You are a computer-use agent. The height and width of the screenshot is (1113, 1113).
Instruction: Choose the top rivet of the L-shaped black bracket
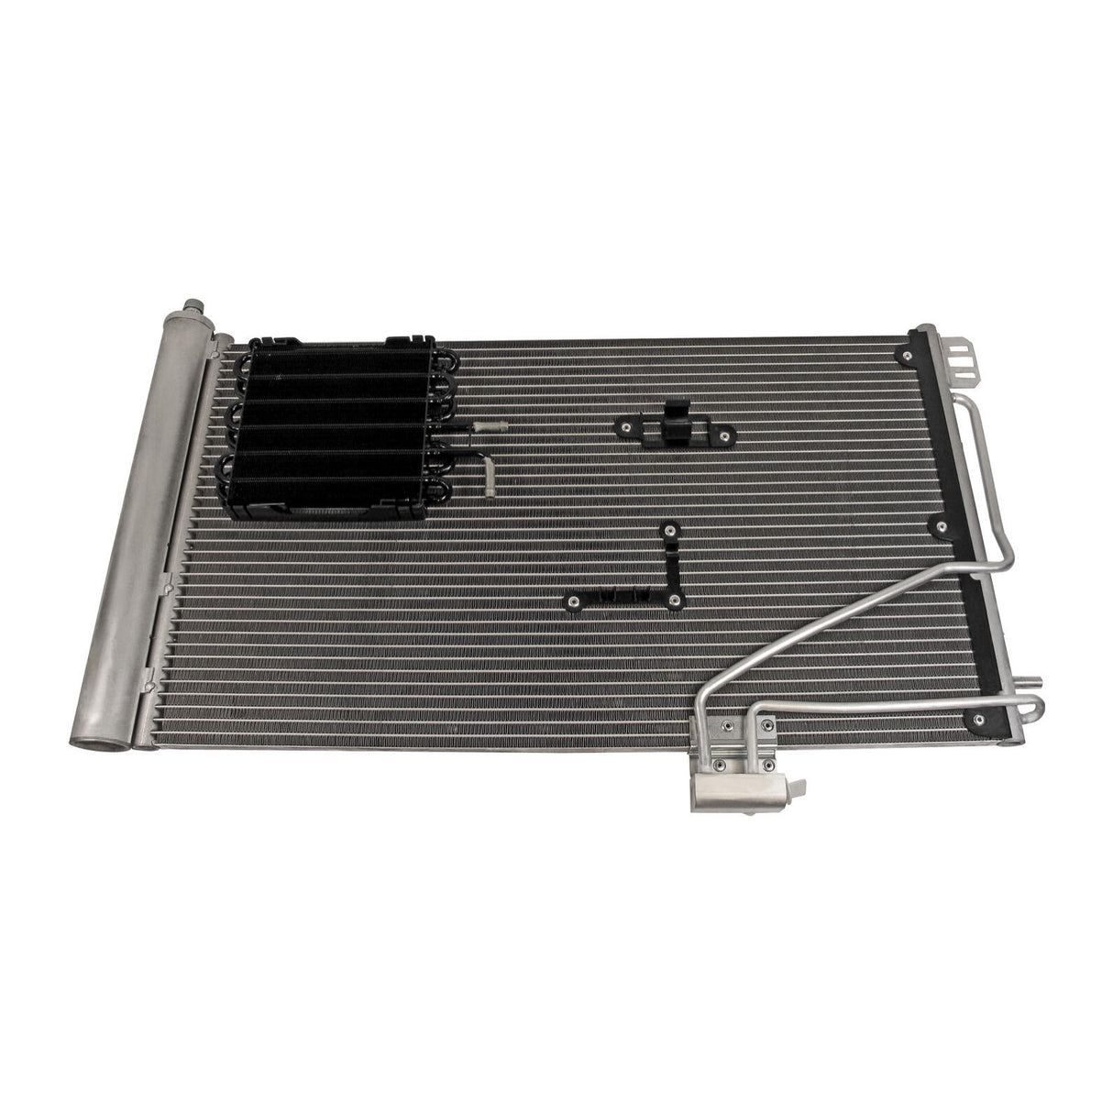tap(671, 529)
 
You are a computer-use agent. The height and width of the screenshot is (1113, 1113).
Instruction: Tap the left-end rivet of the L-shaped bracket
tap(574, 601)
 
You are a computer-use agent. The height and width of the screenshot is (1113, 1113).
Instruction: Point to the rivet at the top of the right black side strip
tap(910, 355)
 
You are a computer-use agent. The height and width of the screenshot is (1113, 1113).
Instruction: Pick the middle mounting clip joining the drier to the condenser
tap(167, 582)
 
